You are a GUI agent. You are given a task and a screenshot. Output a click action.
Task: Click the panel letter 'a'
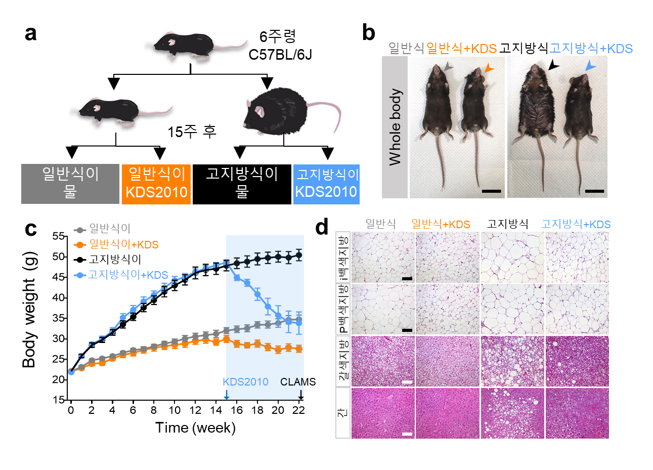pyautogui.click(x=31, y=33)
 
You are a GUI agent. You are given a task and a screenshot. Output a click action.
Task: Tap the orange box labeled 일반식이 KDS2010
pyautogui.click(x=156, y=184)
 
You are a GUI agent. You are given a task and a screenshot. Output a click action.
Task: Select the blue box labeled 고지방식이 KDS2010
pyautogui.click(x=326, y=184)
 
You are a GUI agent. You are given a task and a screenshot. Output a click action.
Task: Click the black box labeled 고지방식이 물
pyautogui.click(x=242, y=184)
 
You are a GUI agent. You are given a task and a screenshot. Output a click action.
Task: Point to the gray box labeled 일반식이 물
pyautogui.click(x=70, y=184)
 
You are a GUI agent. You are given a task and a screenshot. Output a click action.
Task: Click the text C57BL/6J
pyautogui.click(x=280, y=55)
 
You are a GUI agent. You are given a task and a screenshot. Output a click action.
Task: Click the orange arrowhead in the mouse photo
pyautogui.click(x=489, y=68)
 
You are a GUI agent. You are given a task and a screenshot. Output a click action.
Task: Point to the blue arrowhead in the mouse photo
pyautogui.click(x=590, y=66)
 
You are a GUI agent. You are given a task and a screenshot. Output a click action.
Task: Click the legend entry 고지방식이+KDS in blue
pyautogui.click(x=128, y=275)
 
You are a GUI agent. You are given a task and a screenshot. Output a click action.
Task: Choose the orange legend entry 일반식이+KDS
pyautogui.click(x=123, y=244)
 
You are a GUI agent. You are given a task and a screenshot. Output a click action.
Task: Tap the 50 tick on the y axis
pyautogui.click(x=59, y=257)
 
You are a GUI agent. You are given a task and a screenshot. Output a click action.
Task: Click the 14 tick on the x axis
pyautogui.click(x=216, y=410)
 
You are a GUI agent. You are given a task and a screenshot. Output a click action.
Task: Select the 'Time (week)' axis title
pyautogui.click(x=195, y=428)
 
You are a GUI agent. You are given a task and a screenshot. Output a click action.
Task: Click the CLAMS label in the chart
pyautogui.click(x=298, y=382)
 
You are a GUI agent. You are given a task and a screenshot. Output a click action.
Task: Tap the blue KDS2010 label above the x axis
pyautogui.click(x=245, y=382)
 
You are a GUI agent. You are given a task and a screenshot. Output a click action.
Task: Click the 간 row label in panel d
pyautogui.click(x=343, y=413)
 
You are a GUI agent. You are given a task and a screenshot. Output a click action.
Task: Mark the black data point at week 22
pyautogui.click(x=298, y=255)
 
